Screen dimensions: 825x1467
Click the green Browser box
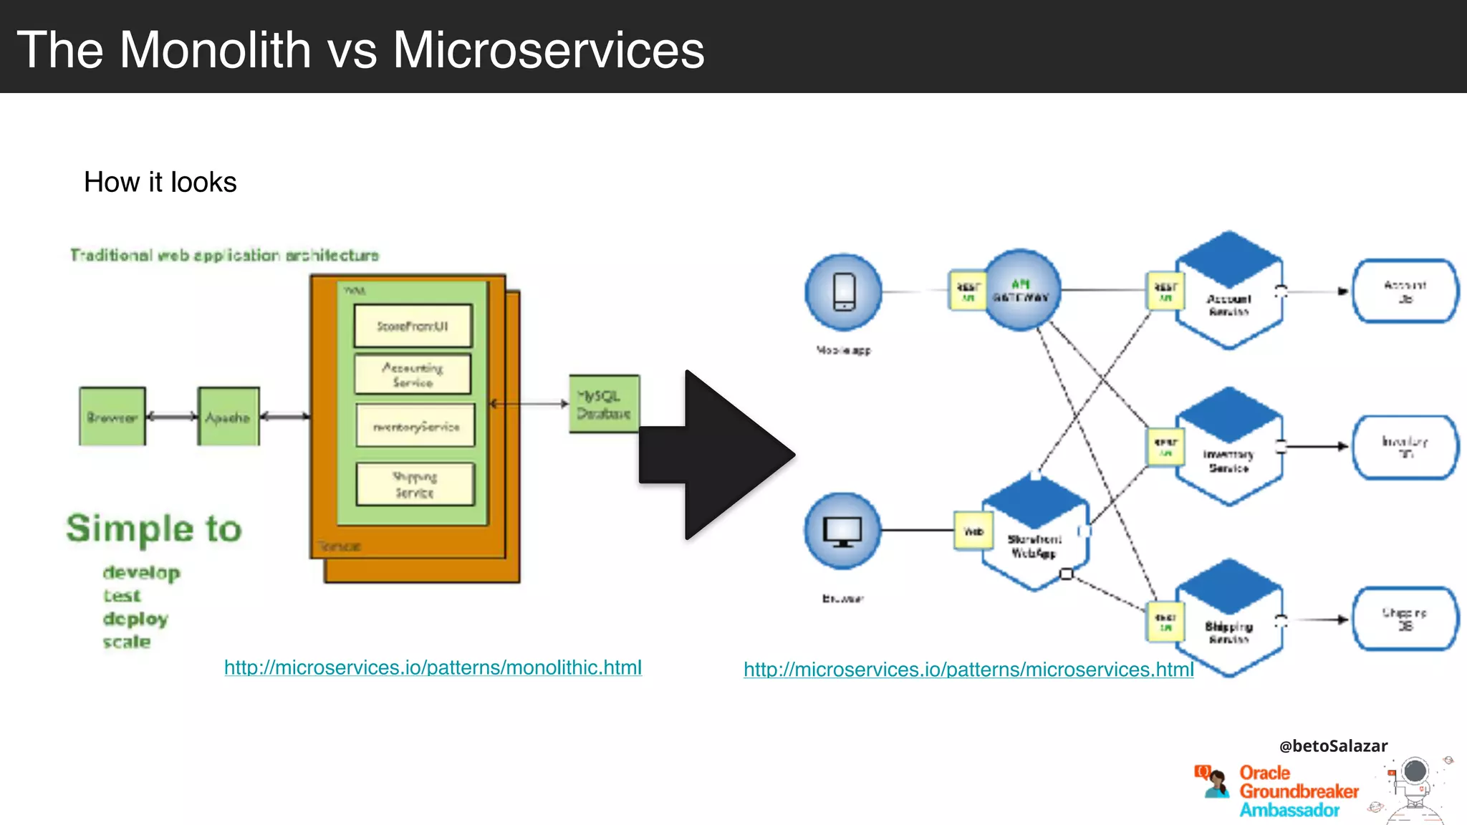(112, 417)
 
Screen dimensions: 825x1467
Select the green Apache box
(229, 417)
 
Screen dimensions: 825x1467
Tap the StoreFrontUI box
(413, 326)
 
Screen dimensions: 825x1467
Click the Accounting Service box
(413, 374)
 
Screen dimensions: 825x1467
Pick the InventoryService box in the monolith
(415, 426)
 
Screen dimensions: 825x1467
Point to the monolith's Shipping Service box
(415, 484)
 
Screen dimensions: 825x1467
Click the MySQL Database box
(604, 404)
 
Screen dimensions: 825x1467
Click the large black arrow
(716, 455)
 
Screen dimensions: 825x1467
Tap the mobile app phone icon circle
(844, 291)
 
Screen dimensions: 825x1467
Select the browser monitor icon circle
(843, 531)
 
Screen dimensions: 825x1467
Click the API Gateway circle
(1022, 290)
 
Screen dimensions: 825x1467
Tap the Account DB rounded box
(1405, 291)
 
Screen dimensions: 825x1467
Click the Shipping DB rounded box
(1405, 619)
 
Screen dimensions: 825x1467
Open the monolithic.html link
(433, 667)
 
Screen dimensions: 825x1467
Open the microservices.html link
(968, 670)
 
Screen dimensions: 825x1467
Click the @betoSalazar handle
(1333, 746)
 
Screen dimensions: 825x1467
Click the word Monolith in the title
(215, 50)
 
